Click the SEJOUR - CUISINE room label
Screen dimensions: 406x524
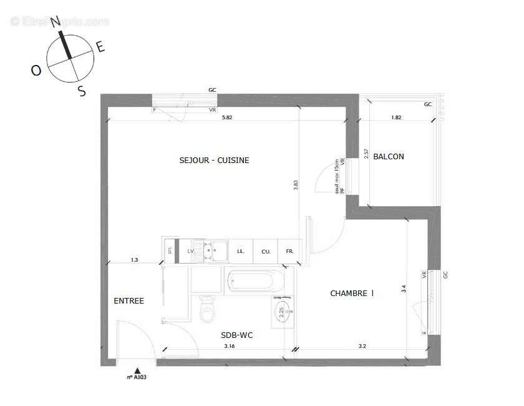tap(214, 161)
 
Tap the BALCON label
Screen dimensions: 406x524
tap(388, 157)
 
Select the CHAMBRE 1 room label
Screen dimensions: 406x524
tap(352, 293)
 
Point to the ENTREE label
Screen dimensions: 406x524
tap(129, 301)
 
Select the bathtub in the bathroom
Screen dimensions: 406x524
tap(257, 281)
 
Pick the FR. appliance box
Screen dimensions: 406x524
tap(289, 252)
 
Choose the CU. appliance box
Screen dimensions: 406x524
tap(266, 252)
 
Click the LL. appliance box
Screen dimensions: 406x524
tap(240, 252)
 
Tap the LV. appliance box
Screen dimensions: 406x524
tap(192, 252)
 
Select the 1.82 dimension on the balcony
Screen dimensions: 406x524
tap(396, 117)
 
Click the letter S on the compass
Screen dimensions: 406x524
tap(81, 91)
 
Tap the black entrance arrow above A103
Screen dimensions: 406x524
tap(138, 370)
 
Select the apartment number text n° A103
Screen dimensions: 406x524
tap(137, 377)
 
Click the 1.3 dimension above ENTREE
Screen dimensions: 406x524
tap(134, 259)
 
